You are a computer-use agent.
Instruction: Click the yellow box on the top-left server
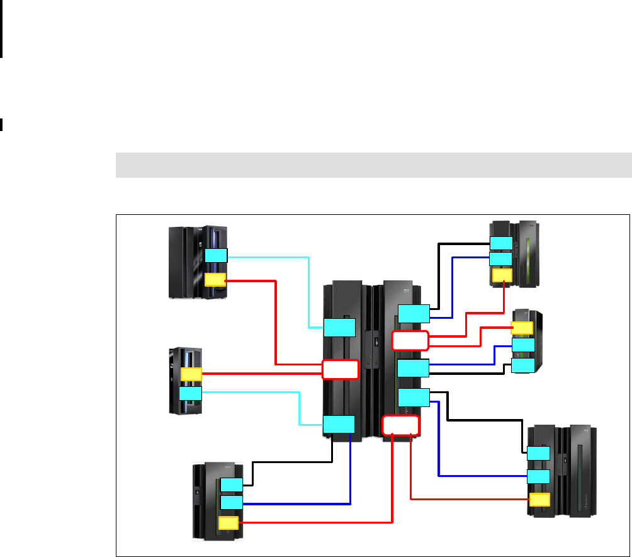(215, 280)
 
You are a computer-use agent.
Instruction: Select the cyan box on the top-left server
(216, 255)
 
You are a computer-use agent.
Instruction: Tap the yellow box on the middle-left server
(191, 374)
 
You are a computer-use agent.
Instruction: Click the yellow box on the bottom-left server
(229, 523)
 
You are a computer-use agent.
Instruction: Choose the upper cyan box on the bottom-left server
(232, 485)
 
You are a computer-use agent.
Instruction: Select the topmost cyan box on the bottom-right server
(538, 453)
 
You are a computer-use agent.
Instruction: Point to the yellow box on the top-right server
(502, 275)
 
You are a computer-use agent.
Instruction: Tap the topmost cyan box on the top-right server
(501, 243)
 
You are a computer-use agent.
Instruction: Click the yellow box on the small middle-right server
(522, 328)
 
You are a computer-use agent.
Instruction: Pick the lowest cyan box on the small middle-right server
(523, 365)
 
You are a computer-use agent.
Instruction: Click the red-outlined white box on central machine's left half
(340, 369)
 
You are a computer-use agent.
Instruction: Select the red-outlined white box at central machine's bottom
(400, 425)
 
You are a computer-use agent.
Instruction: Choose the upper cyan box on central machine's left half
(339, 328)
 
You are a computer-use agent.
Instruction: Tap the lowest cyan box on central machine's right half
(414, 398)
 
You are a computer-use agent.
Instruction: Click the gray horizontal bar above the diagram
(373, 164)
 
